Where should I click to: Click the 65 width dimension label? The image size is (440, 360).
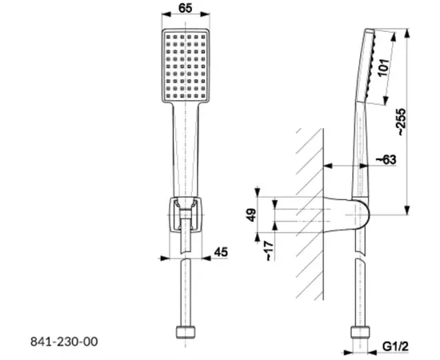(186, 10)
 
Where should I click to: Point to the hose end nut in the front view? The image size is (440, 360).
(186, 332)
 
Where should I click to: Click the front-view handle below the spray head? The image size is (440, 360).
(186, 148)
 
